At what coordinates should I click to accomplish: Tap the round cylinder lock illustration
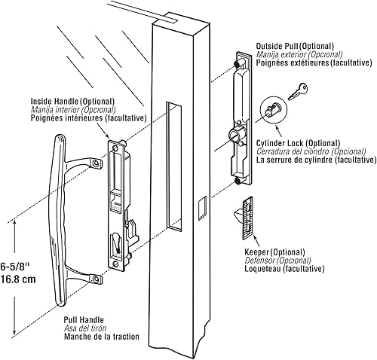[x=272, y=111]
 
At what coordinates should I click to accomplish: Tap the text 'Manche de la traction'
[x=100, y=337]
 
